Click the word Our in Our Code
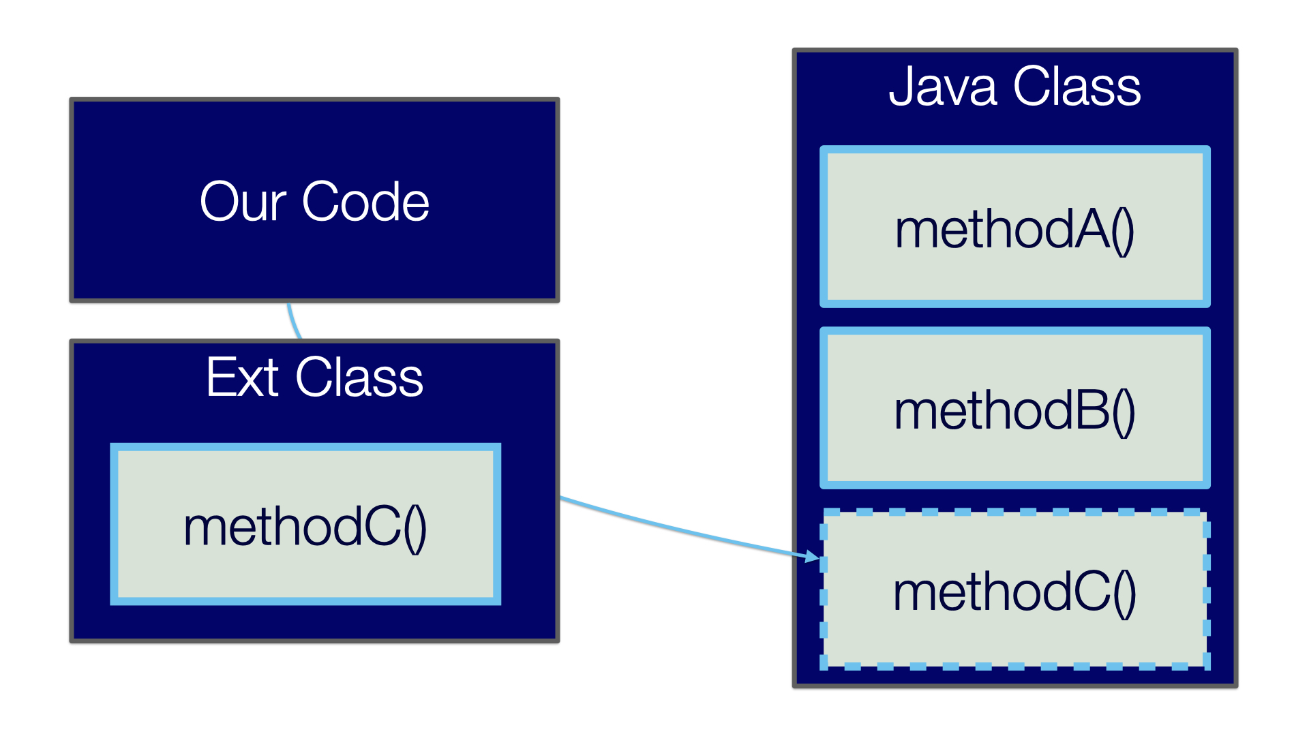[x=243, y=202]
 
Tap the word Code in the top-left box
[x=365, y=202]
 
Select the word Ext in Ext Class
[x=241, y=378]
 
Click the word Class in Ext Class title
[x=359, y=378]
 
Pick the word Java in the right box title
[x=942, y=87]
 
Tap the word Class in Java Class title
[x=1077, y=87]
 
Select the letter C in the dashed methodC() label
[x=1093, y=592]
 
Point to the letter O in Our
[x=218, y=202]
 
